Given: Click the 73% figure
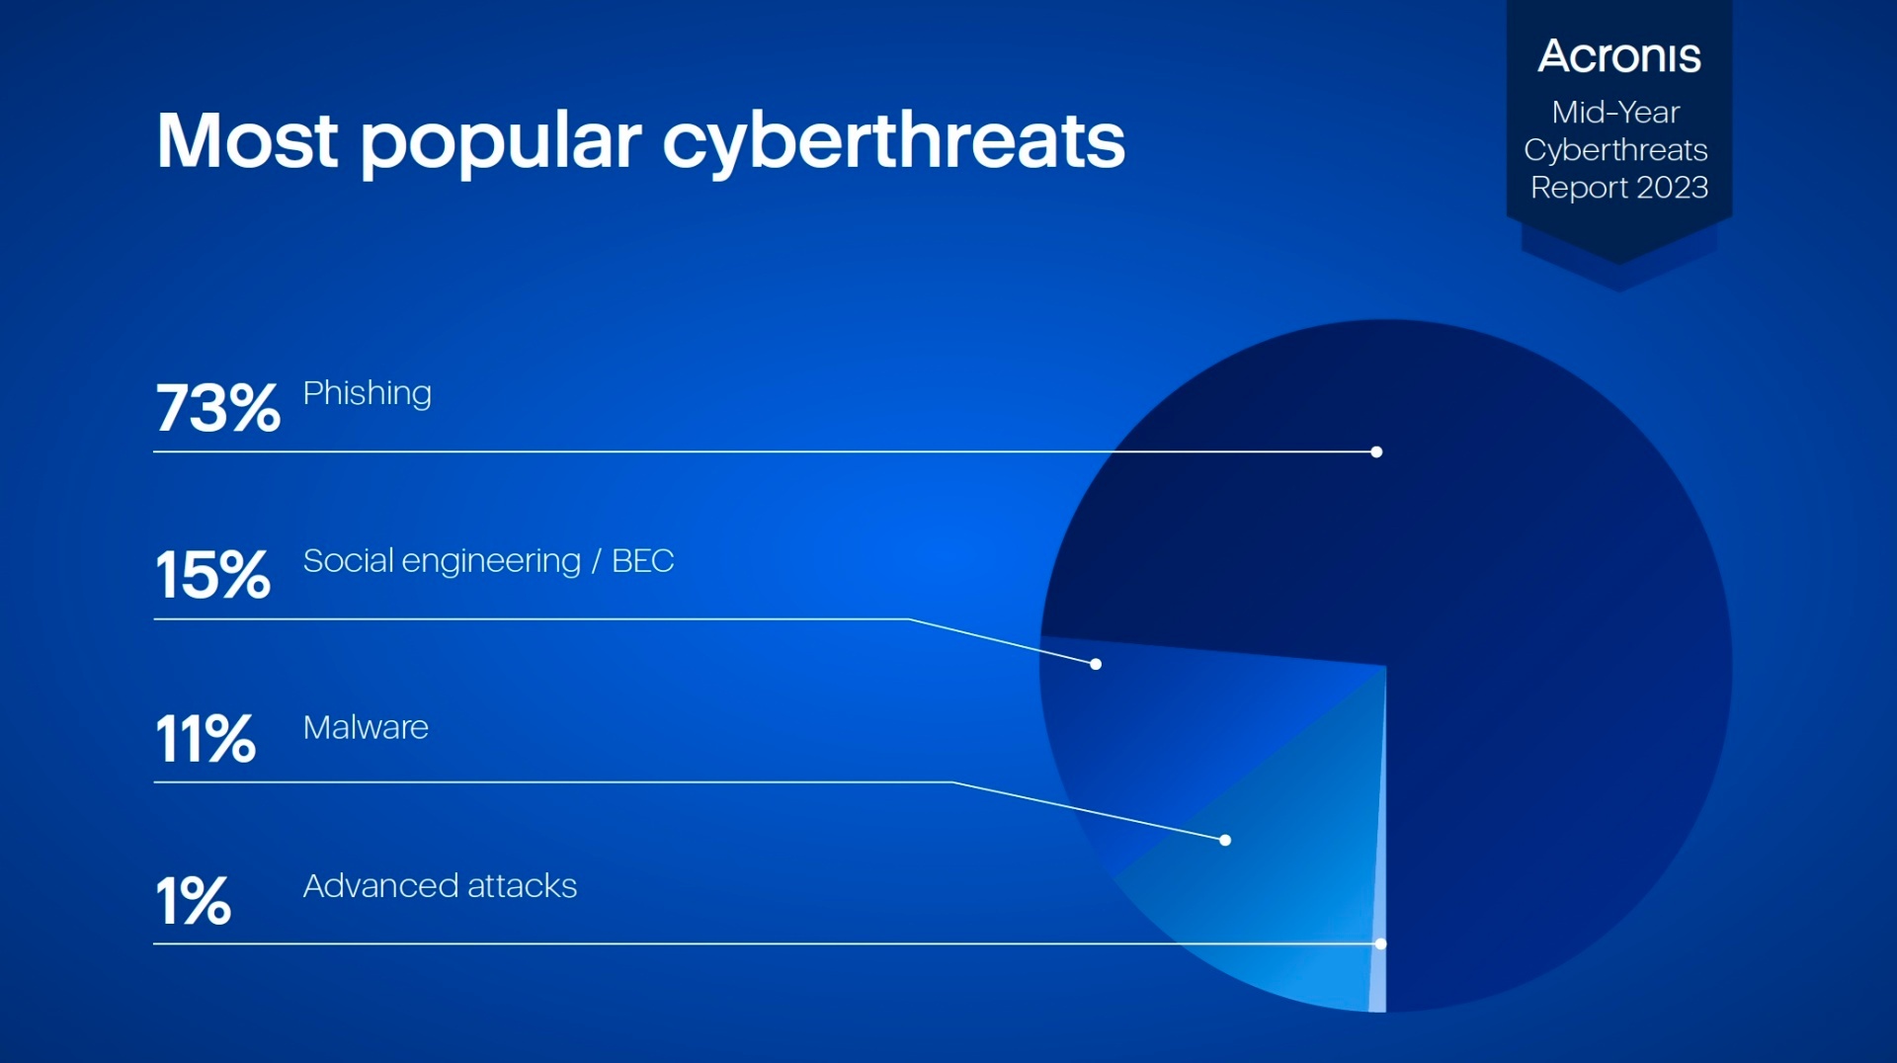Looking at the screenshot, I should (217, 408).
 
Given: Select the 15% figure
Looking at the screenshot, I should (212, 575).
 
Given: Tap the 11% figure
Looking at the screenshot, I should (206, 739).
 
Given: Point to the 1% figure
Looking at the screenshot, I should (194, 901).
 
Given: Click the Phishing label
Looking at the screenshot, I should (367, 394).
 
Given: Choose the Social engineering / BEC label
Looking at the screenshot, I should (488, 561).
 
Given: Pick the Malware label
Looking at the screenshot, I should (366, 728).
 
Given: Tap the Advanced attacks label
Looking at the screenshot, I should (440, 886).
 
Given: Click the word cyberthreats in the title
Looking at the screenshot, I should (893, 141).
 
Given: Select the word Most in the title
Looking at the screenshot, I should (247, 141).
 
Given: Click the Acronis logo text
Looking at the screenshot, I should (1619, 56).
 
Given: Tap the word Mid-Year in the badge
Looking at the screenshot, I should (1615, 113).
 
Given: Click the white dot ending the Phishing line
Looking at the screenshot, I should (1376, 451).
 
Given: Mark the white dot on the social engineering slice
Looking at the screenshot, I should (1096, 664).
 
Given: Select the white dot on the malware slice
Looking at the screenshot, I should (1225, 840).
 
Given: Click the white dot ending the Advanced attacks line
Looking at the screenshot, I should (1380, 943).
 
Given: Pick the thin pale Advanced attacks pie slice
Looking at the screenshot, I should (1378, 978).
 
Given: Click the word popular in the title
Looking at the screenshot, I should (501, 141).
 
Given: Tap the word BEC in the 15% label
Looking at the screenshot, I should (642, 561).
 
